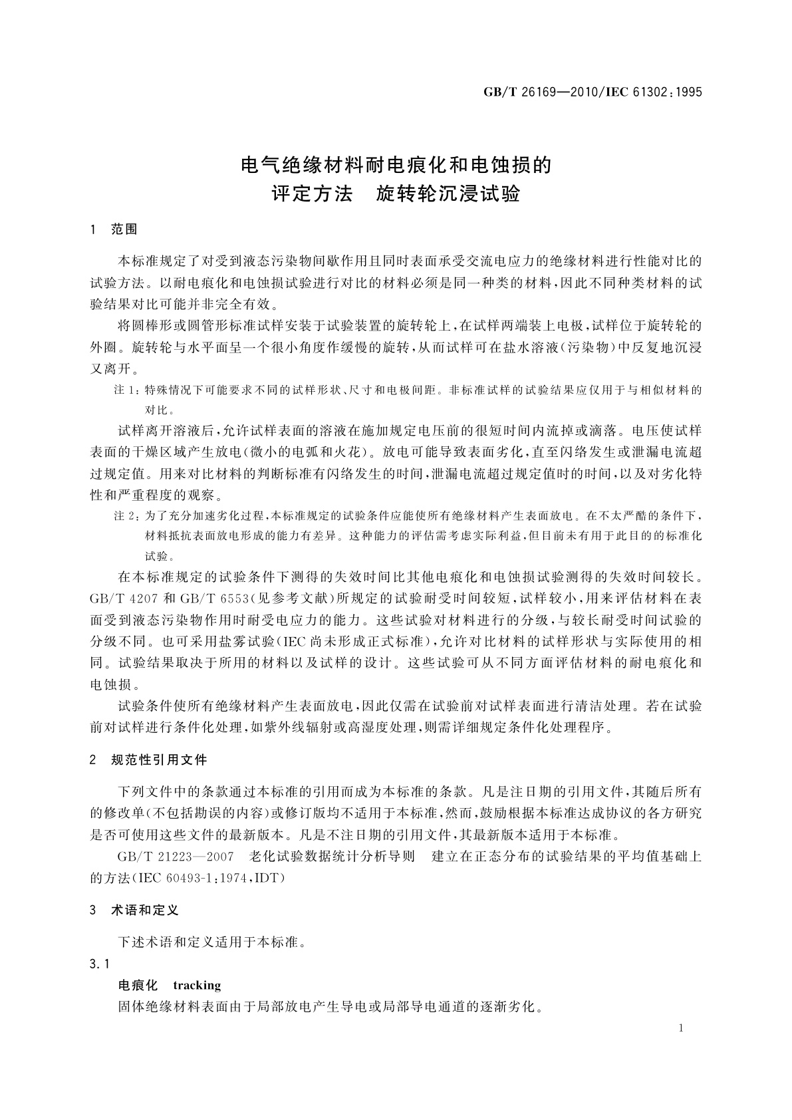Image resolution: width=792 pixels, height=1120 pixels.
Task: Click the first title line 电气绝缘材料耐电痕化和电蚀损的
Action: point(396,164)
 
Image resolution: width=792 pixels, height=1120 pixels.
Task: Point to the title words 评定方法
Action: point(312,195)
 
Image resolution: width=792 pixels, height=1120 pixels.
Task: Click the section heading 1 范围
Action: point(114,229)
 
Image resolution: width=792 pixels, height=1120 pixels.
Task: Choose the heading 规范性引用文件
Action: point(159,760)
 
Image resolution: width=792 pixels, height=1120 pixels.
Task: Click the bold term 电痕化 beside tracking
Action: point(138,985)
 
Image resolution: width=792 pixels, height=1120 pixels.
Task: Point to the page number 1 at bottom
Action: point(681,1028)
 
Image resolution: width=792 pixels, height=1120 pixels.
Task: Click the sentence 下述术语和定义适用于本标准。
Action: point(211,942)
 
